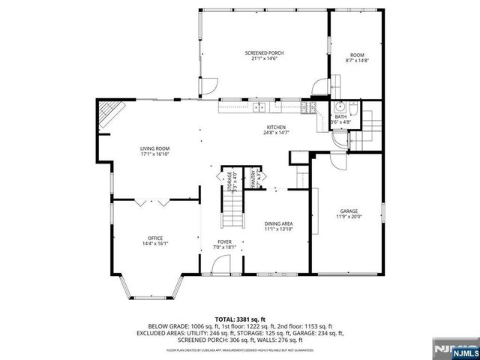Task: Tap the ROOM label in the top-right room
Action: (357, 55)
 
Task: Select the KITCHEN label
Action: (277, 127)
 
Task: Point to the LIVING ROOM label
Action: (154, 148)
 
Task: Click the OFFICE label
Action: (154, 238)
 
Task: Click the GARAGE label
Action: (347, 212)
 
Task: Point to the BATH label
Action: (340, 117)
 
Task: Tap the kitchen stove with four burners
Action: (307, 109)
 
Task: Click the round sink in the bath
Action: (339, 106)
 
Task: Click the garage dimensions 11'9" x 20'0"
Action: (347, 217)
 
